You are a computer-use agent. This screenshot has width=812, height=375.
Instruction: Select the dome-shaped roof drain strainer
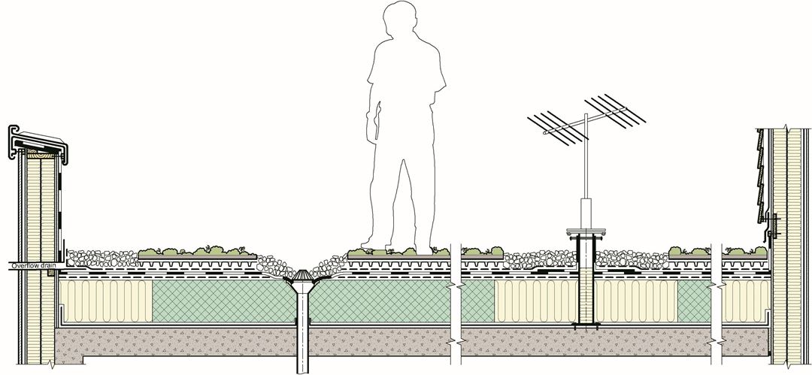pos(302,281)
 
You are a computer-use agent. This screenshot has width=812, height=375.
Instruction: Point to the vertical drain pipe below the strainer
pos(302,331)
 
